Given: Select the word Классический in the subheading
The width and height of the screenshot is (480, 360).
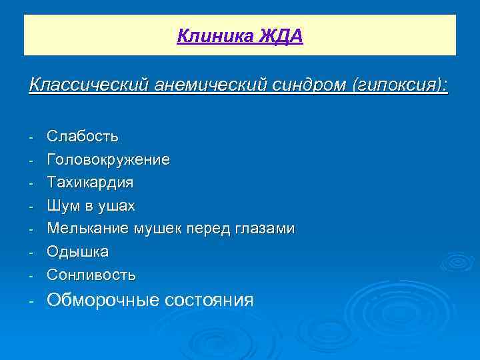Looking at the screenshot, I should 89,85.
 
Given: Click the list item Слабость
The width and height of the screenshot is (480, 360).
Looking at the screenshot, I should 83,137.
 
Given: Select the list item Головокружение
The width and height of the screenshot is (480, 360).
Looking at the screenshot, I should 108,160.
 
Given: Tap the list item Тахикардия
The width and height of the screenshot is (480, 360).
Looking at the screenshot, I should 90,183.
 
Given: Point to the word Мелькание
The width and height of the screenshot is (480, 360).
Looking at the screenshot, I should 88,229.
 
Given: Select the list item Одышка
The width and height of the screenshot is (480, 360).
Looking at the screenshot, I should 78,252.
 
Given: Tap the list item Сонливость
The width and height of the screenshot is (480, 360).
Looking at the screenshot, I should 91,275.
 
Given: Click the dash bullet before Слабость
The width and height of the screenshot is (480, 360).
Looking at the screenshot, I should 31,137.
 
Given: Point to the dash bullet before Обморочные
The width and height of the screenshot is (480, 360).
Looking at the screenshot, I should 31,301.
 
